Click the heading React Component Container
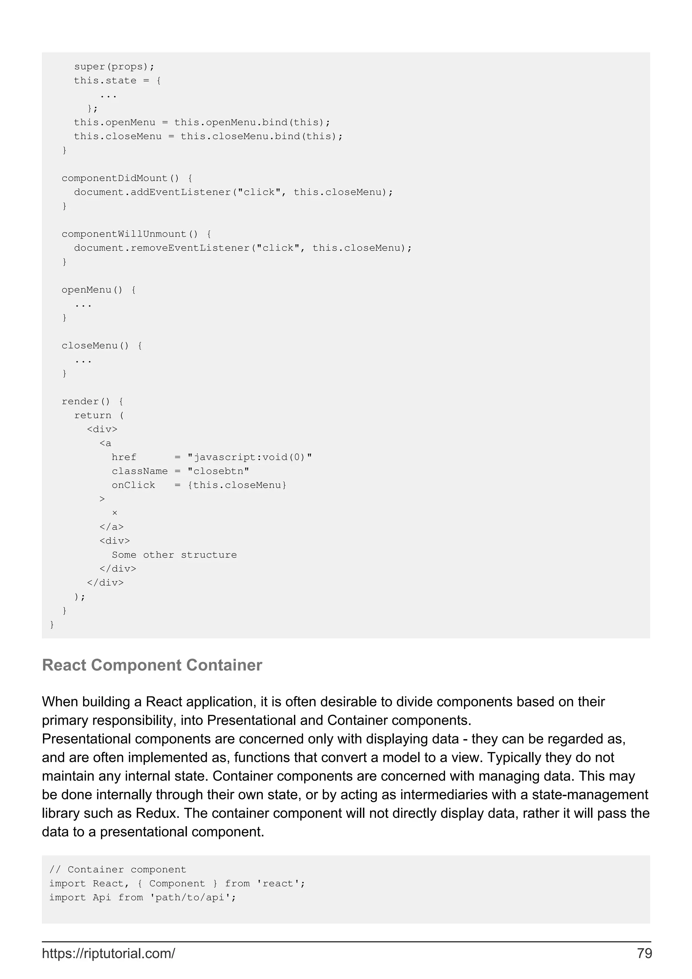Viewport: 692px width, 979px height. (x=152, y=665)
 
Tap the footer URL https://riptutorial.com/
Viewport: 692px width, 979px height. (x=108, y=953)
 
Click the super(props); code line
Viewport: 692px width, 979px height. (x=114, y=67)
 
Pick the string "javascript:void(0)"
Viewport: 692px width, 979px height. (x=249, y=457)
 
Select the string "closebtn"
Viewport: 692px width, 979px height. (x=218, y=471)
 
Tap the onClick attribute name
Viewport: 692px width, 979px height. (x=133, y=485)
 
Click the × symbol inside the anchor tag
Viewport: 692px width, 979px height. (x=115, y=513)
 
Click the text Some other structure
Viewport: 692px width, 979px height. (x=174, y=555)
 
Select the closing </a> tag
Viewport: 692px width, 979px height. (x=111, y=527)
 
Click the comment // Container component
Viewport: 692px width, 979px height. (x=118, y=870)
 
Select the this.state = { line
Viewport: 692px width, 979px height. (x=117, y=81)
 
